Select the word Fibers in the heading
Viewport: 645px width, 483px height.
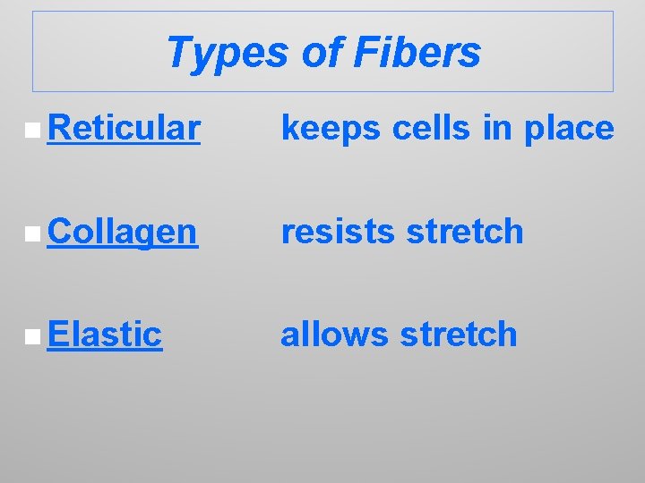pyautogui.click(x=417, y=53)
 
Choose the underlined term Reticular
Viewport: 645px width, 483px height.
pyautogui.click(x=124, y=129)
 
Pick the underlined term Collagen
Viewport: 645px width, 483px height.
pyautogui.click(x=123, y=232)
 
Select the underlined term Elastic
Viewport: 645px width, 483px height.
pyautogui.click(x=106, y=335)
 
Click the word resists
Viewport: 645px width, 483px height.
pyautogui.click(x=338, y=232)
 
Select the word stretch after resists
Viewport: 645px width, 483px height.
pyautogui.click(x=465, y=232)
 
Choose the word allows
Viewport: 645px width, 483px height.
pyautogui.click(x=335, y=335)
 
